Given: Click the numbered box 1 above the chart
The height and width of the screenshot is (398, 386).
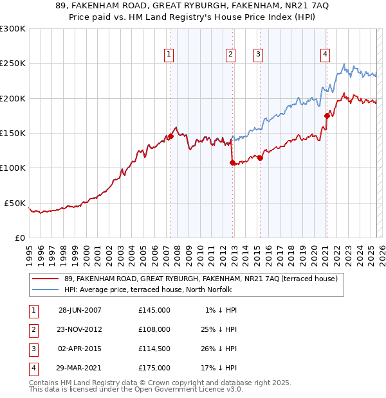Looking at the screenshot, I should click(x=169, y=55).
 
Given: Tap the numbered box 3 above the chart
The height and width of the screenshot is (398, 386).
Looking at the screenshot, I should click(x=258, y=55).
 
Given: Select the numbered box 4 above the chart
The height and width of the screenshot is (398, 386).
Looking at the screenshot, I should click(x=326, y=55).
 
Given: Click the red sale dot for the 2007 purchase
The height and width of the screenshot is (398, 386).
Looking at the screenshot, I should click(x=171, y=136).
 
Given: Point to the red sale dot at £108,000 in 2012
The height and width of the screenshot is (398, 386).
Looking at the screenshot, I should click(x=232, y=163).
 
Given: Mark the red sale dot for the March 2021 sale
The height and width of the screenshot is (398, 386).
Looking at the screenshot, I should click(x=327, y=116).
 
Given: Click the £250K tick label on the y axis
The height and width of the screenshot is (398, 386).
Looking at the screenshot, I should click(x=13, y=64).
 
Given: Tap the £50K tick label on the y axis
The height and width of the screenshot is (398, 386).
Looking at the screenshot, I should click(x=15, y=203).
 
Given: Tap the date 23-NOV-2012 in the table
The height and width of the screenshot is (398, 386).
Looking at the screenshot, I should click(x=80, y=329).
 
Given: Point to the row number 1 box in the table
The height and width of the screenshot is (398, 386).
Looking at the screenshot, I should click(x=32, y=310).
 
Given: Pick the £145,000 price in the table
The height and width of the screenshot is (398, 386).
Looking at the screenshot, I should click(x=154, y=310).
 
